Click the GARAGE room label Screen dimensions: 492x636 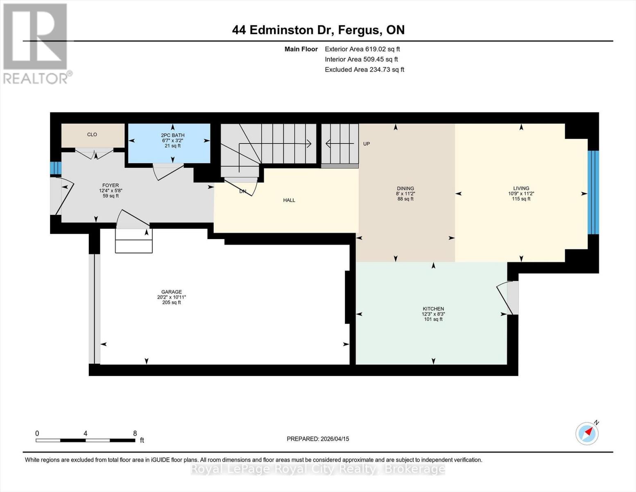tap(171, 292)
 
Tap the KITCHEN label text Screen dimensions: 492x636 tap(433, 309)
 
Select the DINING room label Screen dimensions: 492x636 tap(405, 189)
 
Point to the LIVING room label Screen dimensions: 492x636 tap(521, 189)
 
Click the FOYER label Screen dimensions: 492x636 tap(111, 185)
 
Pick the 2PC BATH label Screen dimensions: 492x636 tap(172, 135)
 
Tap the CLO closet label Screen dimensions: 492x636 tap(92, 134)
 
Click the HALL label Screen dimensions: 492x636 tap(289, 200)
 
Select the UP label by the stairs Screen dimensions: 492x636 tap(367, 144)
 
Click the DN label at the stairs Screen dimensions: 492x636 tap(243, 191)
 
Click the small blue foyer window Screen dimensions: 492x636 tap(56, 168)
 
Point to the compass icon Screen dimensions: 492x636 tap(587, 433)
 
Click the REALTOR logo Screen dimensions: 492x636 tap(36, 43)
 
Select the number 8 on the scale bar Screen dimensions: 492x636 tap(135, 433)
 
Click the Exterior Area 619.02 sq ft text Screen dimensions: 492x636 tap(362, 49)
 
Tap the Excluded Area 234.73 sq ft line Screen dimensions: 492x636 tap(364, 70)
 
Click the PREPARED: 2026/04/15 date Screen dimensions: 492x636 tap(318, 439)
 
